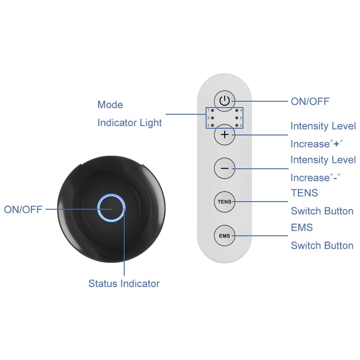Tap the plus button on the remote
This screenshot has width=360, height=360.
(224, 135)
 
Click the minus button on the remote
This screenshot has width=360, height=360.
(224, 168)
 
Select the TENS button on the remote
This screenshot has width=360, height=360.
(224, 202)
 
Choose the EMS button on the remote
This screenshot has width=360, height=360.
(224, 235)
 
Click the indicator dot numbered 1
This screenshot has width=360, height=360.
(212, 110)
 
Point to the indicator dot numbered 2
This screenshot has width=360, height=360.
(212, 118)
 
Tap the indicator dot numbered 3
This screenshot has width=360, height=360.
(212, 126)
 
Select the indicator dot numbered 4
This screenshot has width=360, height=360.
(237, 110)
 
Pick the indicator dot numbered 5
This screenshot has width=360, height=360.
(237, 118)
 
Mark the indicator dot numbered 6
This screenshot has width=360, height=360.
(237, 126)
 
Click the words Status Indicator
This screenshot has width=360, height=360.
(124, 283)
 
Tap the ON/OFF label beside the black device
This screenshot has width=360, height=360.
(23, 209)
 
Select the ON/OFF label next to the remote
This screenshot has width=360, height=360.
(310, 102)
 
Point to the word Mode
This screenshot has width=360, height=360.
(110, 105)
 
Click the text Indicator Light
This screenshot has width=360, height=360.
(130, 122)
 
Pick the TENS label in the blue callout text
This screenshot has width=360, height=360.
(305, 193)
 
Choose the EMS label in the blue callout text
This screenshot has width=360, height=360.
(302, 228)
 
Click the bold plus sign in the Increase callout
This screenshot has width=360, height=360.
(336, 144)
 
